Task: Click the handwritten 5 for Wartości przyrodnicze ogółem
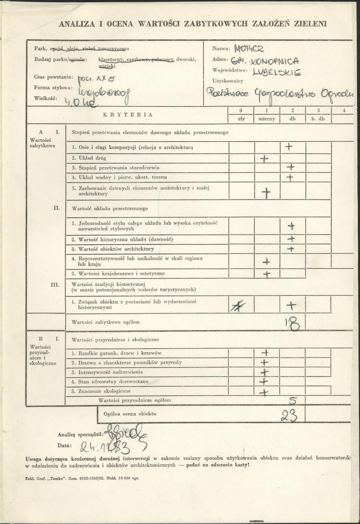293,400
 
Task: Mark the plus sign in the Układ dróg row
264,158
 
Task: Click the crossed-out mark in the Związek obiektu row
238,306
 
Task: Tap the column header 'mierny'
266,119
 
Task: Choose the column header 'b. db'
319,119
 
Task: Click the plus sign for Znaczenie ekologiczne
264,393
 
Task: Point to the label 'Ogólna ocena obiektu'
130,413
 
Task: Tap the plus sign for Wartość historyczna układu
291,239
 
